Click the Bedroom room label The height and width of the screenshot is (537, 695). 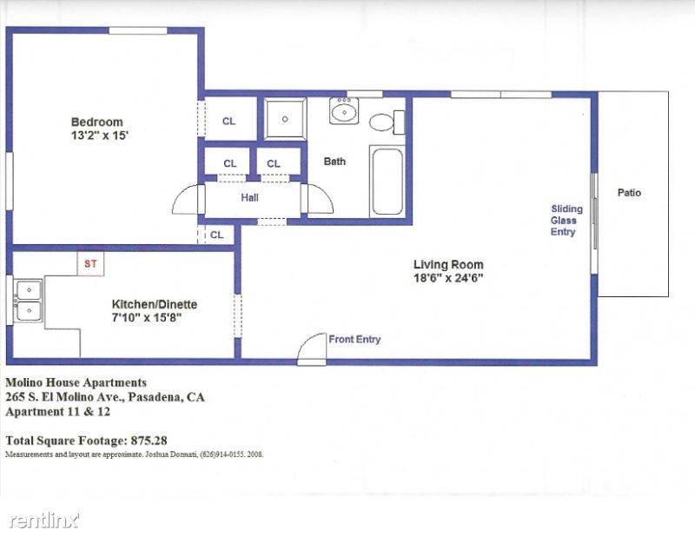(96, 122)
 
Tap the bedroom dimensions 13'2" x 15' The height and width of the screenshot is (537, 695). (99, 136)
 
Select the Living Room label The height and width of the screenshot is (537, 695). (448, 265)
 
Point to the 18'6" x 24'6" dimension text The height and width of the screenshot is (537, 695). (448, 278)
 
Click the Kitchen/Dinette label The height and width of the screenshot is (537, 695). (155, 304)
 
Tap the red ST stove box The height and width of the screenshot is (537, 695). (91, 264)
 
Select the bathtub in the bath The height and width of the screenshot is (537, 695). (387, 182)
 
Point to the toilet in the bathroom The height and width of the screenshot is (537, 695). (387, 123)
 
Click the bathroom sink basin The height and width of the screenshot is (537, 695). (344, 111)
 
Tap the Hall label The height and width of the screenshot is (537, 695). (249, 198)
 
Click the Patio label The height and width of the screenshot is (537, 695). (629, 193)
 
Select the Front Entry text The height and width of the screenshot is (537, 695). (354, 339)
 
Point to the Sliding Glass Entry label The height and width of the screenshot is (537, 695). (566, 221)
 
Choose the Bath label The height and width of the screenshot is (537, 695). (334, 162)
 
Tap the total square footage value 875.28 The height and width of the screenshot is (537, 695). (149, 441)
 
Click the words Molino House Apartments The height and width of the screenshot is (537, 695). (76, 382)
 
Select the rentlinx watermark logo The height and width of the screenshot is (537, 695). (44, 520)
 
